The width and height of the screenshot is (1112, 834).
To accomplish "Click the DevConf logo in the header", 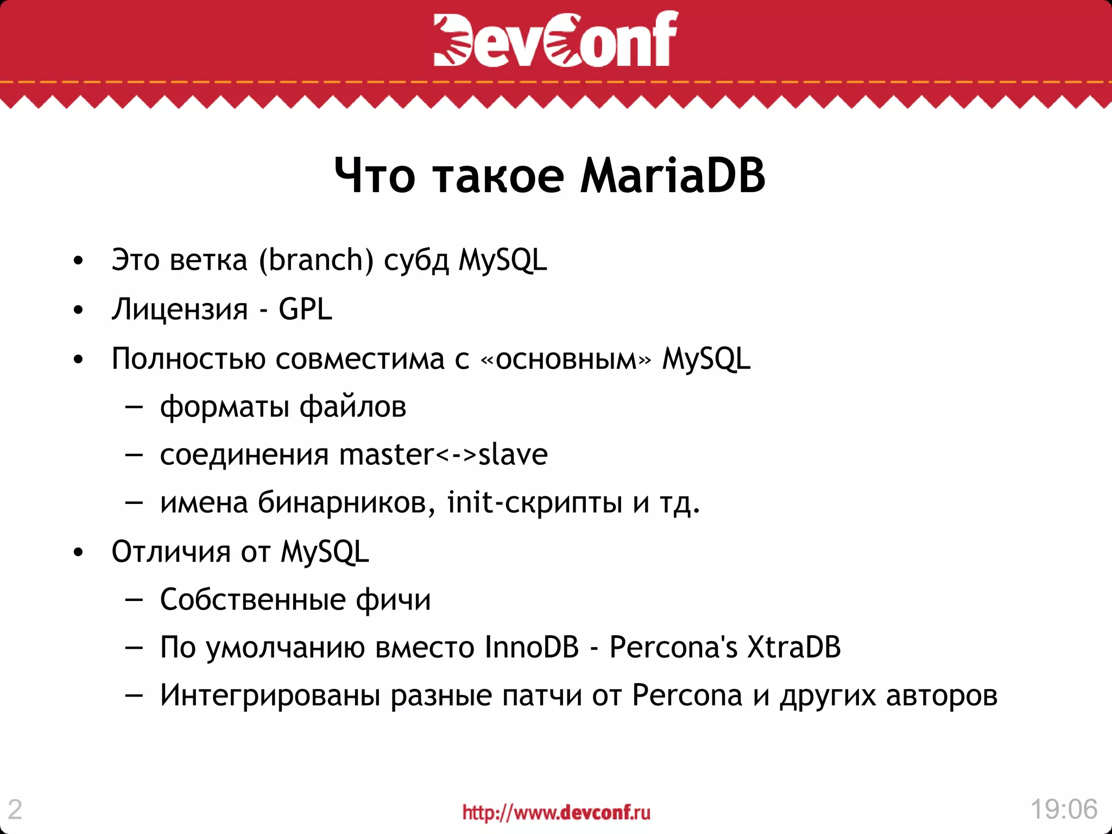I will point(555,39).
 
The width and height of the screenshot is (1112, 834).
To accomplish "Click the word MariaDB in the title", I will point(673,176).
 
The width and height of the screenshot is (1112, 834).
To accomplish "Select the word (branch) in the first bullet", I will point(316,260).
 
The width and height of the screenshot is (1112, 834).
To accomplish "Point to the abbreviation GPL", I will point(305,309).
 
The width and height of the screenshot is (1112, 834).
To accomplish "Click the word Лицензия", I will point(180,310).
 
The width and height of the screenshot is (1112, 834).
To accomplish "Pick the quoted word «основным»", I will point(565,359).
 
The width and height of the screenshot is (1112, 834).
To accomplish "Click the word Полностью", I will point(188,359).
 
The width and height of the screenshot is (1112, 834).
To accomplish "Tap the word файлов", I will point(353,407).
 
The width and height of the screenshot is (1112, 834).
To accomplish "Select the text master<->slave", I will point(443,454).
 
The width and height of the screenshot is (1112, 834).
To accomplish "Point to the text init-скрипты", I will point(534,502).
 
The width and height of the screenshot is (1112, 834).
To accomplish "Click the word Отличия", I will point(171,552).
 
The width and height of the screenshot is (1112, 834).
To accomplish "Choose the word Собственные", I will point(253,600).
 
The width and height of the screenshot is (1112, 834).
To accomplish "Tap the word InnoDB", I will point(532,647).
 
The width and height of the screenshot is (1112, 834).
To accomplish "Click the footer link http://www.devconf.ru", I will point(556,812).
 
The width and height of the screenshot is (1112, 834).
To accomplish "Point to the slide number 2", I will point(15,810).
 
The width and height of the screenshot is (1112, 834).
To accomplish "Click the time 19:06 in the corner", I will point(1064,809).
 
